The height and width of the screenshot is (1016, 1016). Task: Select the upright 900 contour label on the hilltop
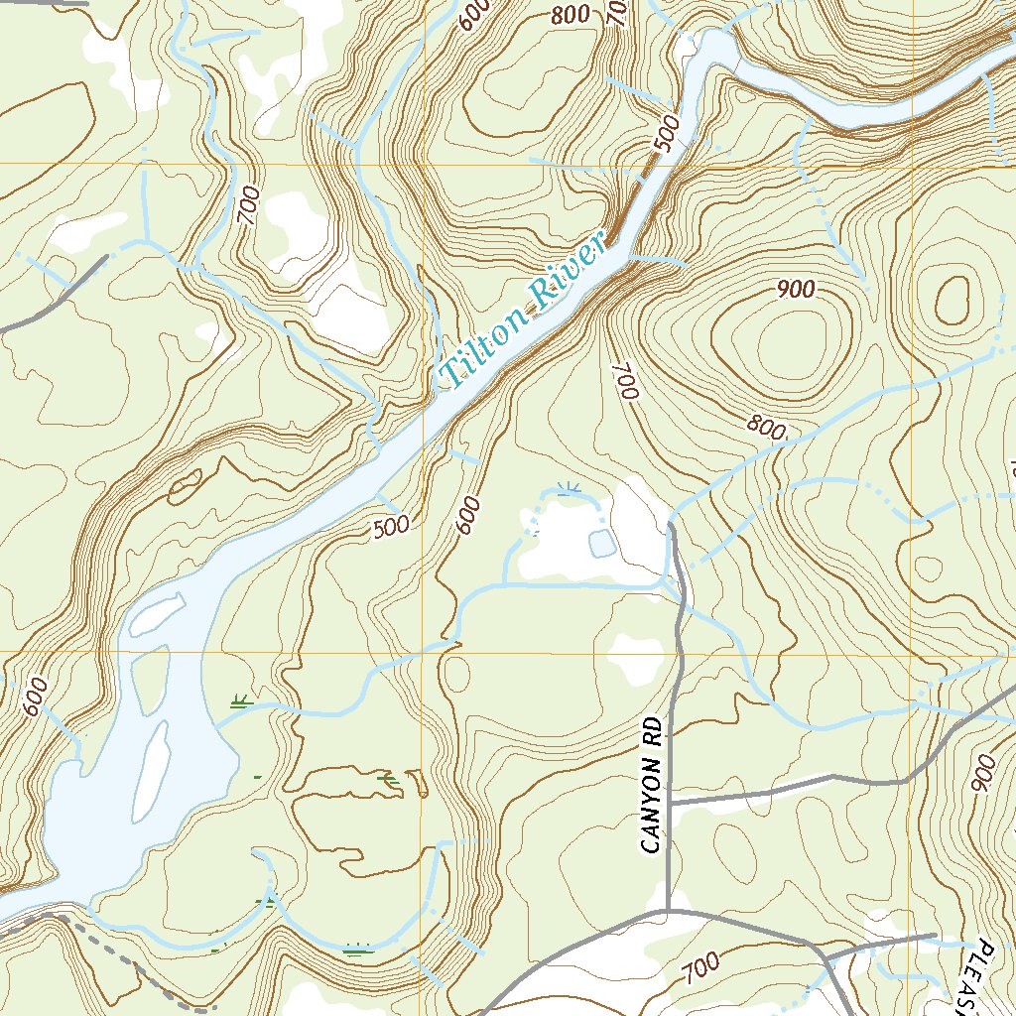tap(796, 289)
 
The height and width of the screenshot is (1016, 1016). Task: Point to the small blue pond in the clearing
tap(601, 543)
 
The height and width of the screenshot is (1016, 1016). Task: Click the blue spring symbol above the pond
tap(568, 488)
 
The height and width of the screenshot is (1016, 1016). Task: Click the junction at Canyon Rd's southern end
tap(666, 909)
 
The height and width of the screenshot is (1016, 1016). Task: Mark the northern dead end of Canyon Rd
tap(672, 527)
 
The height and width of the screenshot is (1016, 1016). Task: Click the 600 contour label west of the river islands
tap(31, 698)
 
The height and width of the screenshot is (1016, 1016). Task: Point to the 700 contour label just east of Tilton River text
tap(623, 381)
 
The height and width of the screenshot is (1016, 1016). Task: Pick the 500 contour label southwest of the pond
tap(391, 527)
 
